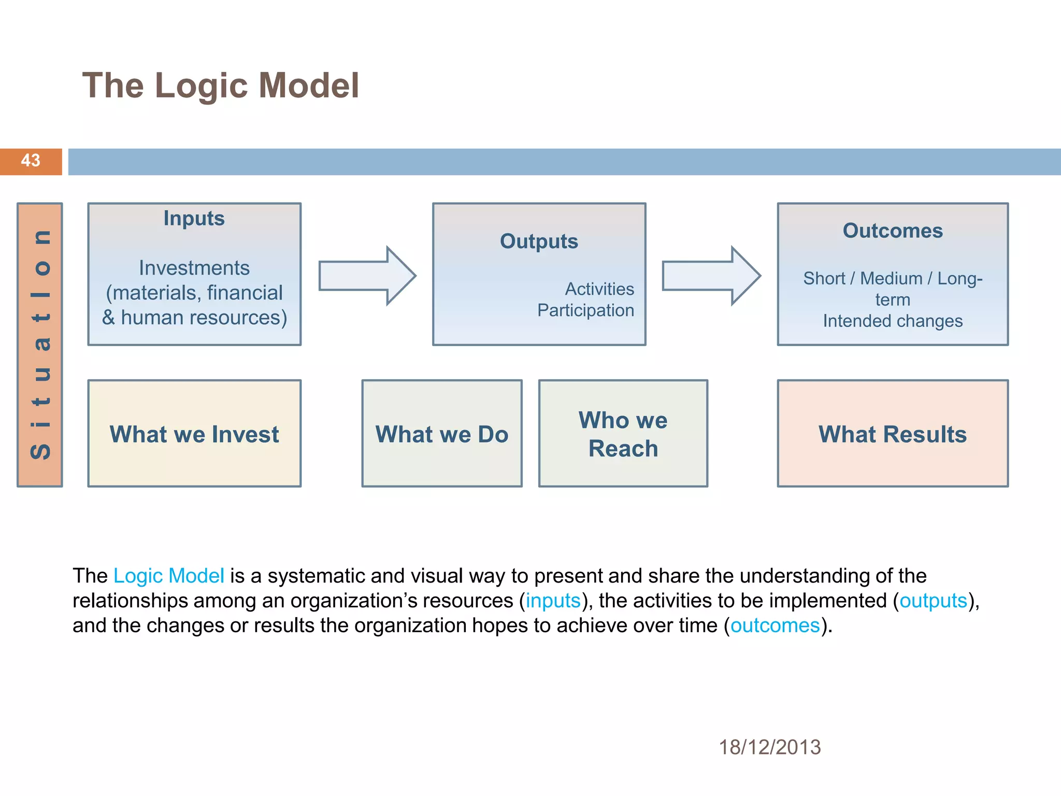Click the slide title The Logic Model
(x=220, y=86)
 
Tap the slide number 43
(x=31, y=161)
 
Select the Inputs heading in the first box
(x=194, y=219)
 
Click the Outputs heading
(x=539, y=241)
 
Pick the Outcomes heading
(x=893, y=231)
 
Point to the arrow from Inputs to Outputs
(x=367, y=276)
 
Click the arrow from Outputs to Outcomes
(x=711, y=276)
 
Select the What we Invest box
(x=194, y=434)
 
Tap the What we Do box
(x=442, y=434)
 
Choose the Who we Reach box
(x=623, y=434)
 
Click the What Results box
(x=893, y=434)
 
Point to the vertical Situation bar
(x=40, y=345)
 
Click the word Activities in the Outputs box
(x=599, y=289)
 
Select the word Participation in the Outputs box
(x=585, y=310)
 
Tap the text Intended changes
(x=893, y=321)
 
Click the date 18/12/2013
(x=769, y=747)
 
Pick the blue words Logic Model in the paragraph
(x=168, y=576)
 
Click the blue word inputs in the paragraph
(x=553, y=601)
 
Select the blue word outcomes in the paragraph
(x=775, y=626)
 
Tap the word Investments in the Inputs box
(x=194, y=268)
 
